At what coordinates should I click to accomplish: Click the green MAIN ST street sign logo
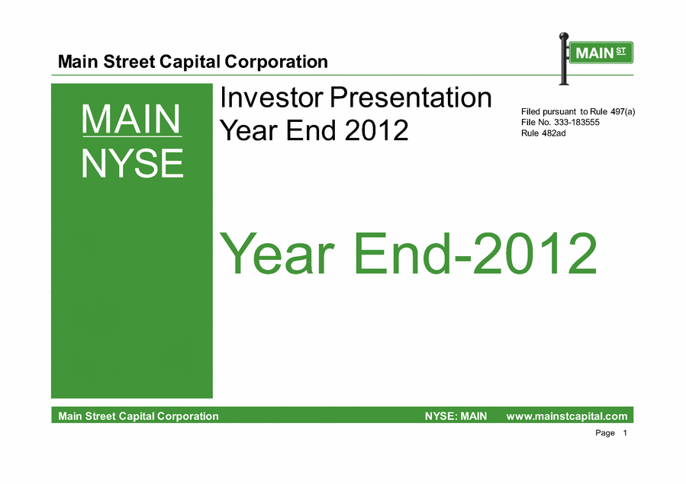point(601,53)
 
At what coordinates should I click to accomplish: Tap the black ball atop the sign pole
point(565,36)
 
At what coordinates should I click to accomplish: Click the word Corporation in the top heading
point(276,62)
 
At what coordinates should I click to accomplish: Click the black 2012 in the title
point(376,130)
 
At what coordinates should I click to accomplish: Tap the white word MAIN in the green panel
point(130,119)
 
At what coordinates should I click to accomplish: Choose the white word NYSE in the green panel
point(132,163)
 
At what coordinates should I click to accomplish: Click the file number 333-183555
point(577,122)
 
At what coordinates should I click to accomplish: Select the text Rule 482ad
point(543,133)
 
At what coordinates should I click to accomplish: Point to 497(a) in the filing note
point(623,112)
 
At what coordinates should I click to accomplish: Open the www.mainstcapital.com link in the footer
point(567,416)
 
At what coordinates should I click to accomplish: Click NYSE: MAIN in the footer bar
point(456,416)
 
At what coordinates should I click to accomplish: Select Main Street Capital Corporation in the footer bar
point(138,416)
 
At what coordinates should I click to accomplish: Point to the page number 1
point(625,433)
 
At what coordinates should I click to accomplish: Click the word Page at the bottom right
point(605,433)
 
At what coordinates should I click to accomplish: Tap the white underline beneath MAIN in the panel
point(132,136)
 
